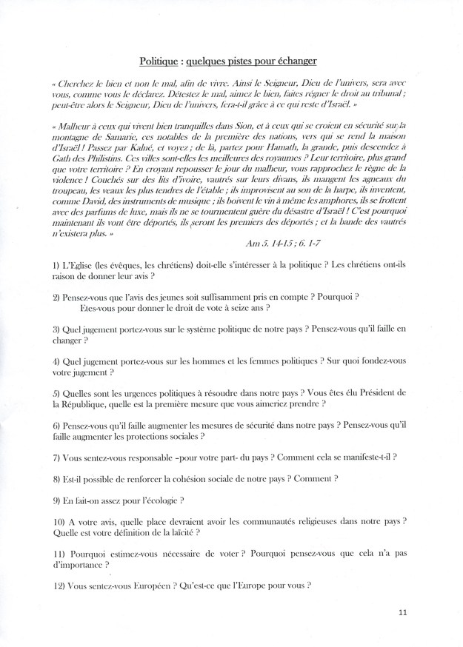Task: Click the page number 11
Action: pos(402,611)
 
